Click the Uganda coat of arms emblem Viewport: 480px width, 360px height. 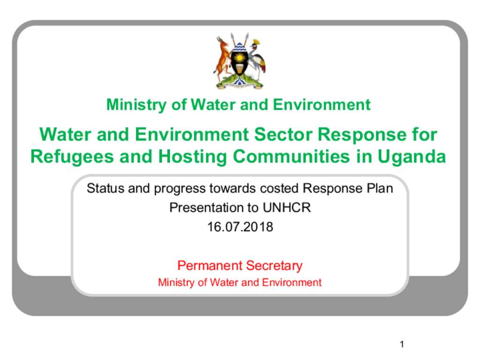coord(240,61)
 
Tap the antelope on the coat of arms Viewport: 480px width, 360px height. coord(222,58)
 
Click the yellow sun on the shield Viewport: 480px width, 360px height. coord(240,57)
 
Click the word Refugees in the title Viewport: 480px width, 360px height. coord(73,157)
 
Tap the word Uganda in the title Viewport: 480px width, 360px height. coord(412,157)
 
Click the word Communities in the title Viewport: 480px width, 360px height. coord(291,157)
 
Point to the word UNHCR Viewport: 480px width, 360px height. coord(286,208)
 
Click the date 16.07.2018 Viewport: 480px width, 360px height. coord(240,227)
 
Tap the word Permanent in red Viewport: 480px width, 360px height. coord(210,265)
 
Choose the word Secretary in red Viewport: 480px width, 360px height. coord(274,266)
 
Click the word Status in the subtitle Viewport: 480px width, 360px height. coord(105,188)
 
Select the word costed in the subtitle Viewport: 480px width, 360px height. coord(279,188)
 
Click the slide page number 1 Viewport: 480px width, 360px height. coord(402,344)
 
